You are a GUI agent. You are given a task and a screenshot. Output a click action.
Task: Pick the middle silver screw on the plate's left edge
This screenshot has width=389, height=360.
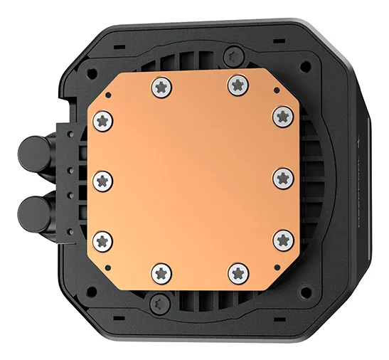102,179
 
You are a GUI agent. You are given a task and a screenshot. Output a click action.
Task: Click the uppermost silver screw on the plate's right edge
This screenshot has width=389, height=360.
282,114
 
